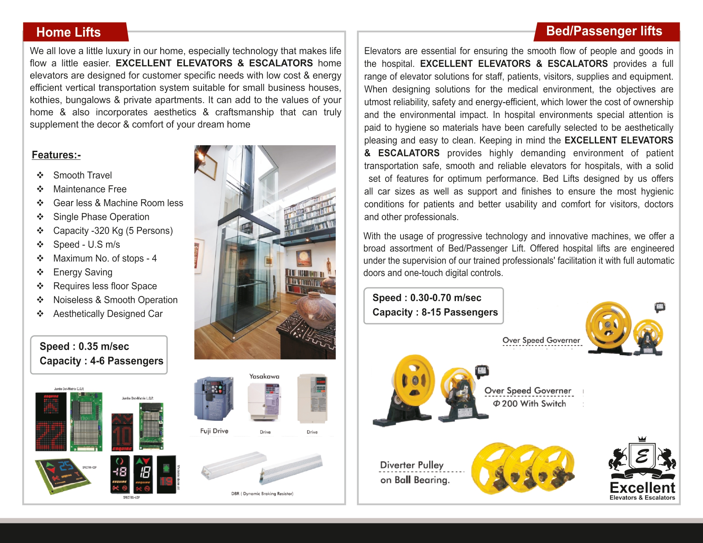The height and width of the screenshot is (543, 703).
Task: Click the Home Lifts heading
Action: tap(69, 32)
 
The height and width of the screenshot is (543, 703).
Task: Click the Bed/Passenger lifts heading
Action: tap(604, 31)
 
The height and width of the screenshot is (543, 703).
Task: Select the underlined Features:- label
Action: tap(56, 155)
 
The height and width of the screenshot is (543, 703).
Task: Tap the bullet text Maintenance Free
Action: tap(90, 189)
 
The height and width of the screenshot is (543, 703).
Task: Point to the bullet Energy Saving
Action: tap(83, 272)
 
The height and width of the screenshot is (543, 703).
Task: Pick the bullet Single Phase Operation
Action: tap(101, 217)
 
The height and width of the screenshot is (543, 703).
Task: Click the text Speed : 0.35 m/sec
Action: tap(84, 346)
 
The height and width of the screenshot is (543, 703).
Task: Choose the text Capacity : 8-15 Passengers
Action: tap(435, 312)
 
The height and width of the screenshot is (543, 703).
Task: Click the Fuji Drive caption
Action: tap(214, 431)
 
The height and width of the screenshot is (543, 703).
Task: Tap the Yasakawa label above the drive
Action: tap(264, 376)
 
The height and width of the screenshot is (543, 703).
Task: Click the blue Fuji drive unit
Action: tap(214, 399)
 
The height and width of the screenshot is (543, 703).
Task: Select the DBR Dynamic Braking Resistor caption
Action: tap(262, 494)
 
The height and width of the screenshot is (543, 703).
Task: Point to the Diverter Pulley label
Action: tap(412, 465)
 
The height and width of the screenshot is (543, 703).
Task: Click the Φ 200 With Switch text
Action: tap(530, 403)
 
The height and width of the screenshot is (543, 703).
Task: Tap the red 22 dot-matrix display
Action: tap(51, 435)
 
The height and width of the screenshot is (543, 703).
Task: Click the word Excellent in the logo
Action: tap(642, 488)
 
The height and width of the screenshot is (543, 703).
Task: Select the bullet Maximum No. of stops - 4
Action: tap(105, 259)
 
